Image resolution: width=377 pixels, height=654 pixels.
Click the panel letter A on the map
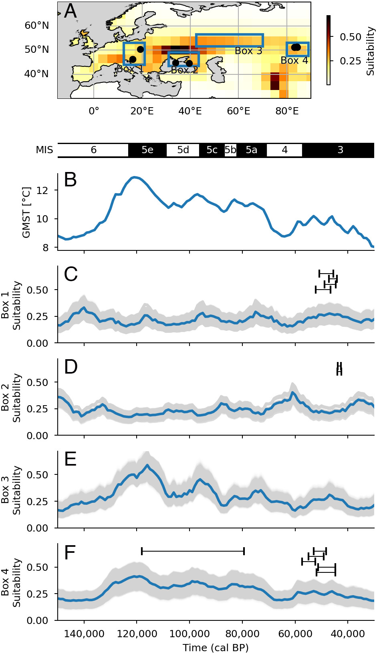(x=71, y=11)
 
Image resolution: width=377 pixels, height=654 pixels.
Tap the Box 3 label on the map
(x=248, y=51)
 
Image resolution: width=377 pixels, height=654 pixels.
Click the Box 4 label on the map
(x=294, y=61)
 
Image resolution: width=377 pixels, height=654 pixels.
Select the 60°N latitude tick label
(x=37, y=26)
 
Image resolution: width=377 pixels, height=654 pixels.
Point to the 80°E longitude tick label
(x=287, y=111)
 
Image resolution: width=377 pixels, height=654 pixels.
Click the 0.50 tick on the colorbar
(x=351, y=37)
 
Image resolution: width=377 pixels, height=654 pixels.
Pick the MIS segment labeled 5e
(x=147, y=150)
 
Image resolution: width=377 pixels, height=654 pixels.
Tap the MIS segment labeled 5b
(x=230, y=150)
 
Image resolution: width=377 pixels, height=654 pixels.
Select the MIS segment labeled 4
(x=284, y=150)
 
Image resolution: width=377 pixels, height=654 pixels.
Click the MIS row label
(x=44, y=150)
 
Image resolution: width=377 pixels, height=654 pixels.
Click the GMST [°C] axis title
(x=26, y=212)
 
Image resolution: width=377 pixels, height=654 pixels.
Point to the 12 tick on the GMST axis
(x=42, y=190)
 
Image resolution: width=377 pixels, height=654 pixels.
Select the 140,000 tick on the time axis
(x=85, y=634)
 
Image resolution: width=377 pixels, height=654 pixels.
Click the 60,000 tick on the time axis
(x=295, y=634)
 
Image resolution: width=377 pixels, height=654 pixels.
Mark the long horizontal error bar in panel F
(x=193, y=551)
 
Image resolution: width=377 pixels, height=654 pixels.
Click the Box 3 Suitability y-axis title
(x=11, y=490)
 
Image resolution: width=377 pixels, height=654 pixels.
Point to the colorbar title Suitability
(x=370, y=51)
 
